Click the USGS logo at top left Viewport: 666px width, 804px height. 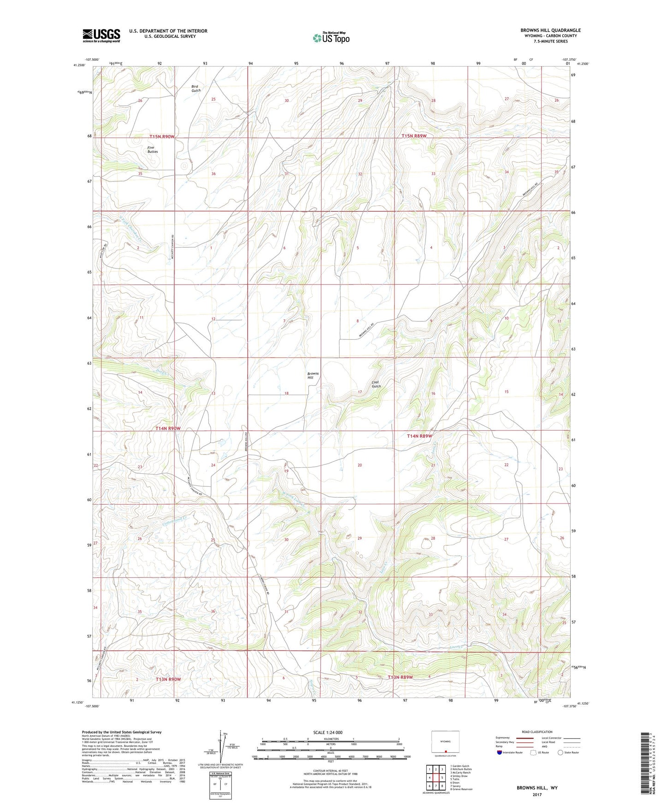point(101,35)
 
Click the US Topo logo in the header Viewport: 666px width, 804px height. point(330,37)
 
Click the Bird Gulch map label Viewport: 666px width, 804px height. point(196,88)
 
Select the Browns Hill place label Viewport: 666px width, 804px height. point(313,375)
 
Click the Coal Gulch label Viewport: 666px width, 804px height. point(376,384)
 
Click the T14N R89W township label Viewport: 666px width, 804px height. point(419,436)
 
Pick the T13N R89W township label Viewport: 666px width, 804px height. point(400,677)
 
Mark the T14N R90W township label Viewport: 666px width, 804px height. point(167,429)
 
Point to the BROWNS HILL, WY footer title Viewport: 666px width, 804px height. point(536,788)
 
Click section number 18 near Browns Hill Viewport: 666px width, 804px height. point(286,393)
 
